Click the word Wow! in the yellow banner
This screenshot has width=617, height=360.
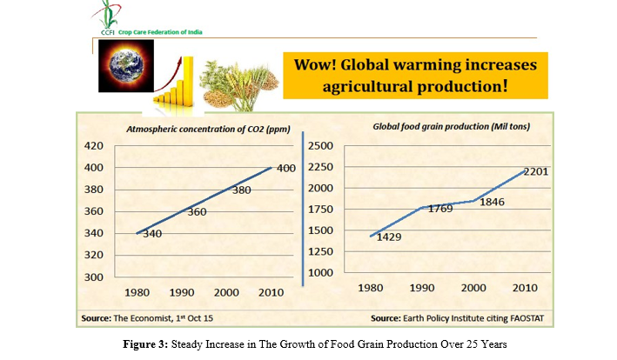[320, 66]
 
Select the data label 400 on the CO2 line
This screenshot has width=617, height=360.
[286, 168]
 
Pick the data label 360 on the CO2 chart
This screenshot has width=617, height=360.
[198, 212]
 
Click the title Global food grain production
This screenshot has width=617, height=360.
[452, 127]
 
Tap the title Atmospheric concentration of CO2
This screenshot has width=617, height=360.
[194, 130]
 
